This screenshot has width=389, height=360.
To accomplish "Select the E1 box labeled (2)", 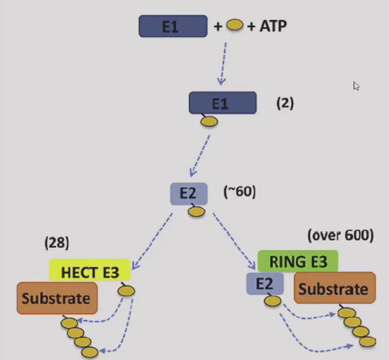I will point(223,103).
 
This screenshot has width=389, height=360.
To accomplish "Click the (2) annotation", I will point(285,103).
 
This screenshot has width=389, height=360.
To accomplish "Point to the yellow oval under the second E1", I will point(209,121).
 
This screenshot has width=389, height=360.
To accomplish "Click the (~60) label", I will point(239,192).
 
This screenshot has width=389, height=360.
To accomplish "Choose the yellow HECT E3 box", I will point(90,271).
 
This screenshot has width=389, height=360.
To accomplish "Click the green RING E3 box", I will point(297,260).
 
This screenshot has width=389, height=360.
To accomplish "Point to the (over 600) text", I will point(340,236).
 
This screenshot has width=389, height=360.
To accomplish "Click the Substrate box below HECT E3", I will point(57,299).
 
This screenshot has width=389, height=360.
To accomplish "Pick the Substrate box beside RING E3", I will point(331,288).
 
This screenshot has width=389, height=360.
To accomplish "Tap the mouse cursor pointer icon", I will point(357,86).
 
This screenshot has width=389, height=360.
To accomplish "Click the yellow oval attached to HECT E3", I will point(126,291).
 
